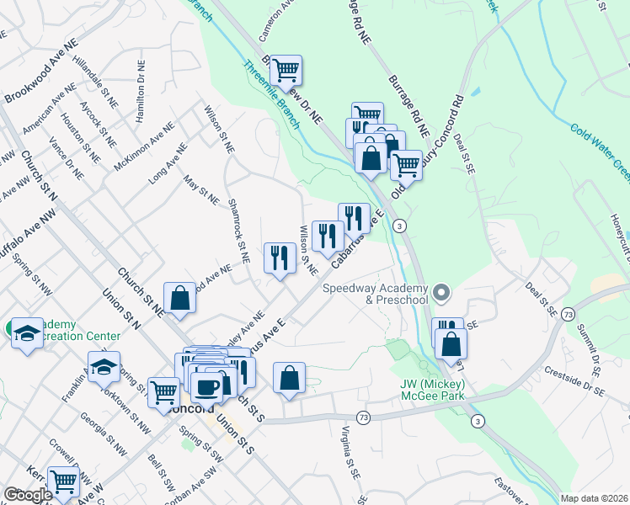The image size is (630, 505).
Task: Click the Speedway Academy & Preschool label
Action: point(376,294)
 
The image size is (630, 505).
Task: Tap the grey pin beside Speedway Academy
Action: point(445,294)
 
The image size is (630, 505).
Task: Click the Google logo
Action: point(28,495)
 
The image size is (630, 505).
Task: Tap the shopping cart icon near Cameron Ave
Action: point(286,71)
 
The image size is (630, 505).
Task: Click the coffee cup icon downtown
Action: point(206,386)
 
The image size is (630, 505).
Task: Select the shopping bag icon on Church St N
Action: point(179,297)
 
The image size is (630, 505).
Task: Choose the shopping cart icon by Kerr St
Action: point(63,481)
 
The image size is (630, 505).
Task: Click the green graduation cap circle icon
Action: point(26,333)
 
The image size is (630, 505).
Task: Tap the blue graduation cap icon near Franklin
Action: point(104,367)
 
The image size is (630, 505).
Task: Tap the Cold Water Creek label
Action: point(600,151)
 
